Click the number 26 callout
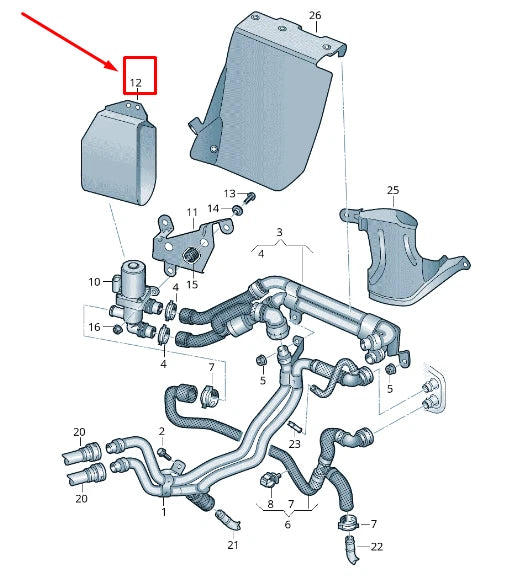click(315, 16)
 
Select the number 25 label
click(392, 190)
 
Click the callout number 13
click(229, 193)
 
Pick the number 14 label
click(214, 208)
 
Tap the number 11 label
click(192, 213)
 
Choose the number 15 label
click(192, 285)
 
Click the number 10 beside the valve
click(94, 282)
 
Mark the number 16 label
click(93, 327)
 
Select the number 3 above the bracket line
click(280, 233)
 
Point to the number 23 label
click(294, 443)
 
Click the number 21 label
click(232, 545)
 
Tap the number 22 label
click(376, 546)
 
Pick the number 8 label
click(269, 505)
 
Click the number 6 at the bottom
click(286, 524)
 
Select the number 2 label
click(160, 431)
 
